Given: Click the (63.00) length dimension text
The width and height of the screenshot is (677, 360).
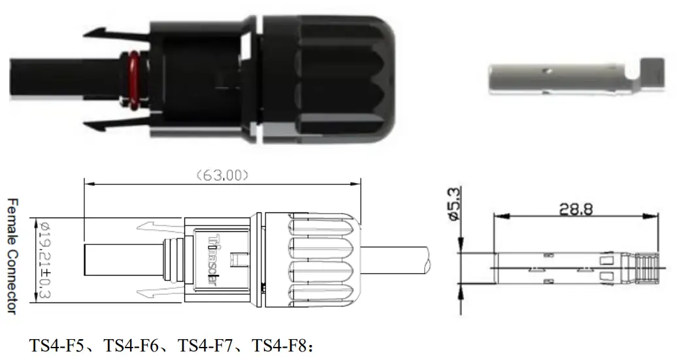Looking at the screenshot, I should pos(222,175).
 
